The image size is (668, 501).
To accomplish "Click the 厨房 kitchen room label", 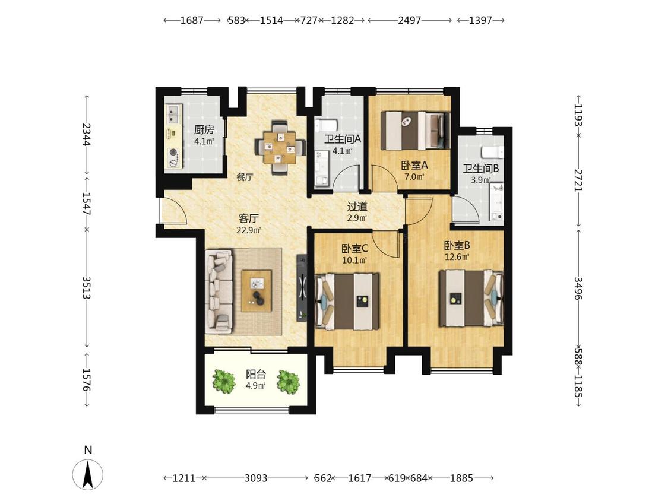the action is [204, 129].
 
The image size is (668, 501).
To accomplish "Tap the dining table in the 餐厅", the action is [280, 148].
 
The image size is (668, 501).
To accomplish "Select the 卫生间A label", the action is [343, 139].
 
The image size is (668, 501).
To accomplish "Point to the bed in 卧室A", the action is [416, 131].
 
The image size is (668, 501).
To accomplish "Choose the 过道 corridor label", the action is [357, 207].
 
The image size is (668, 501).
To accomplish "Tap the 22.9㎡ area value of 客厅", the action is [248, 230].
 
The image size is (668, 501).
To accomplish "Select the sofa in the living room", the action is [219, 292].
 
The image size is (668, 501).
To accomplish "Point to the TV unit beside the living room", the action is [302, 287].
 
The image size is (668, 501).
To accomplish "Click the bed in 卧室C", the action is [347, 302].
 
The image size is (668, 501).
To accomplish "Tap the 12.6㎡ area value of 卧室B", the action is [457, 257].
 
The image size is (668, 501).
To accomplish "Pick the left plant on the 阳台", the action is [224, 381].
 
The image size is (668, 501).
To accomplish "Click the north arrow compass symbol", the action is [88, 474].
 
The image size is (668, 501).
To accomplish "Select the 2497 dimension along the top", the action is [409, 20].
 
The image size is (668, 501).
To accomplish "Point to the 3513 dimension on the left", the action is [87, 288].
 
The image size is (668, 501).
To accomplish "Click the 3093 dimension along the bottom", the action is [255, 478].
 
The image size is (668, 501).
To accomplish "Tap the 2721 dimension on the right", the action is [578, 180].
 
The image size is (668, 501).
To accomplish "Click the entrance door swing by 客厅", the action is [173, 211].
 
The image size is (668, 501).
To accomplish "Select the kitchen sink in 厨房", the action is [173, 114].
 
